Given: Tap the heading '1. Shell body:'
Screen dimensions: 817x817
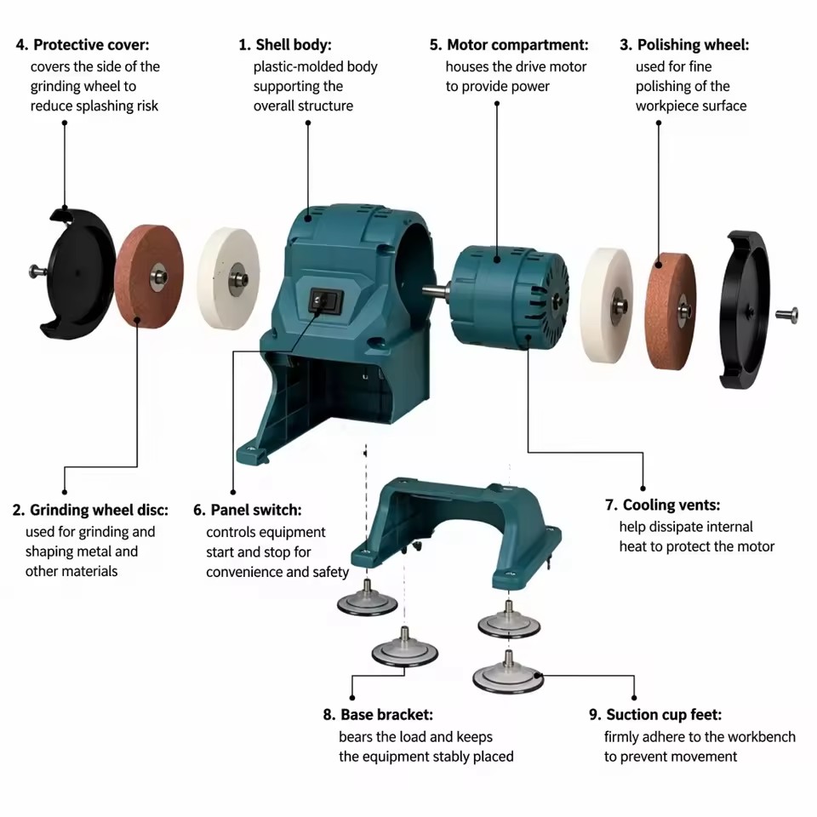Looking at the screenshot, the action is (285, 45).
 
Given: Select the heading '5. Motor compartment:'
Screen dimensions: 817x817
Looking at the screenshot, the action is (509, 45).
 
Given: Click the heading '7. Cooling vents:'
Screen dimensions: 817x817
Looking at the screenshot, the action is (663, 505).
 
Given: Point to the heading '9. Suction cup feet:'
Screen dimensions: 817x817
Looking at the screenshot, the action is (655, 714).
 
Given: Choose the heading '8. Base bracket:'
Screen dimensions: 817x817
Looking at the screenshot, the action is (378, 714).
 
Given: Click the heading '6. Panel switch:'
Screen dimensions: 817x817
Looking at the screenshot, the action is (248, 510).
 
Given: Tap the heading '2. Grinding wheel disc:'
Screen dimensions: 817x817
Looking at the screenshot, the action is (91, 510).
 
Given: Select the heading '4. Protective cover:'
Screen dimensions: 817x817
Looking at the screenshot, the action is (83, 45).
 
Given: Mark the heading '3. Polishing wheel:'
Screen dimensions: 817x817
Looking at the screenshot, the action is (684, 45).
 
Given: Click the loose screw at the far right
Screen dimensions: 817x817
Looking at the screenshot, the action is (786, 315).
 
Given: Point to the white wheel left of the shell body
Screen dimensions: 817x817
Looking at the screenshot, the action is (229, 278).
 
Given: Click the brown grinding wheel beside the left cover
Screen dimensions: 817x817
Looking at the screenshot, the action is (149, 276).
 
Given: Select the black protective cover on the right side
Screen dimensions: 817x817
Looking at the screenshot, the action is (744, 310).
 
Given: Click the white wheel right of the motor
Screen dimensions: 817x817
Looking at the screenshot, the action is (607, 306).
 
